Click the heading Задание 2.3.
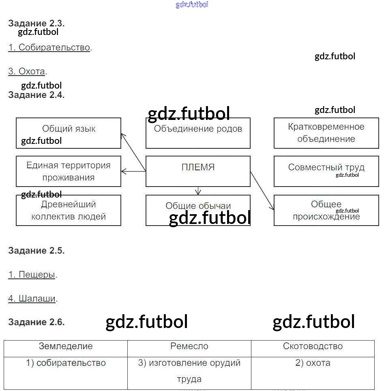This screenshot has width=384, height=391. point(36,23)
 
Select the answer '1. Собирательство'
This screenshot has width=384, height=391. point(49,47)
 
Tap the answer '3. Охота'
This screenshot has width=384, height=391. point(27,72)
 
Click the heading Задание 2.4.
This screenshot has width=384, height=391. point(36,95)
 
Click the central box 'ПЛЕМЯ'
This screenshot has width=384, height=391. point(198,171)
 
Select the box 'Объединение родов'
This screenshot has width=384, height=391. point(198,133)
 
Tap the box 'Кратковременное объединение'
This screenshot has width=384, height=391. point(326,133)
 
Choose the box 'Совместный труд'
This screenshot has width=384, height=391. point(326,171)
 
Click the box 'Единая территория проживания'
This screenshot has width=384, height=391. point(69,171)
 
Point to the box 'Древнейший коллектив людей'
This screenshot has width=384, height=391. point(69,211)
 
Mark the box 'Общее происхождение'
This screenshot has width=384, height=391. point(326,211)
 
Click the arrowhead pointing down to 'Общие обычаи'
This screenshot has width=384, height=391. point(198,192)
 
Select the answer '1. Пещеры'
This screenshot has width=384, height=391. point(32,275)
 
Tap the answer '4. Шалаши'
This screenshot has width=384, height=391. point(32,299)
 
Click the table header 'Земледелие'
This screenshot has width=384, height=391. point(66,346)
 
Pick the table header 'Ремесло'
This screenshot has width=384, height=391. point(189,346)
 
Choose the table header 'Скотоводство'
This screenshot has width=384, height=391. point(313,346)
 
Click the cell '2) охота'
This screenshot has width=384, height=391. point(313,363)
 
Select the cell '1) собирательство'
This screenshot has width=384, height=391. point(66,363)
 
